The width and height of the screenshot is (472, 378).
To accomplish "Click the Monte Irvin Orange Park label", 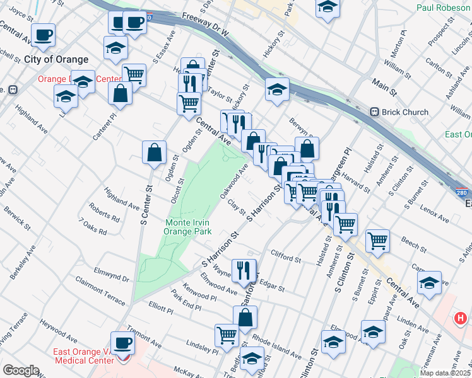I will pos(187,227).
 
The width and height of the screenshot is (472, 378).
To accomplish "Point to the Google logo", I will pos(20,370).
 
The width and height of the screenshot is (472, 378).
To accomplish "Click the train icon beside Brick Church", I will pos(374,112).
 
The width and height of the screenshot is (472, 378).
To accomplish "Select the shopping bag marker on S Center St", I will pos(155,152).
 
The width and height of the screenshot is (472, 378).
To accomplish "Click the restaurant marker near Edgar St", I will pos(244,270).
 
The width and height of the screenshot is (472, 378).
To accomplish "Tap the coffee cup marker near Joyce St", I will pos(43,35).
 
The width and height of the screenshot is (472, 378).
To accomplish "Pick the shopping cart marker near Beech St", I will pos(377,241).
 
